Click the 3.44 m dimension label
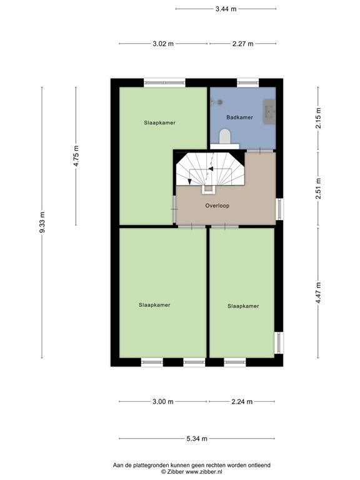225,9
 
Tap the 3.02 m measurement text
164,44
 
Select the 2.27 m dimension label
242,44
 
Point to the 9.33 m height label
42,222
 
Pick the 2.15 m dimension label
318,119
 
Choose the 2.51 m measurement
318,189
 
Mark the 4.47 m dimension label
318,292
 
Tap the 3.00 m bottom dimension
163,402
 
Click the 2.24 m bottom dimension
241,402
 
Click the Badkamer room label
239,117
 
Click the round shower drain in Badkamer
220,102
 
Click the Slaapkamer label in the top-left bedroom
159,123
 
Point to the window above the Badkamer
247,82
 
